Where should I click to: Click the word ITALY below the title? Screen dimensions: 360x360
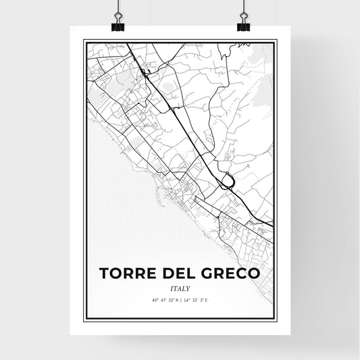click(180, 288)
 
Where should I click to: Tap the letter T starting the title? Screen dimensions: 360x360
click(105, 274)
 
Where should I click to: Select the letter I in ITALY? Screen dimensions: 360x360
click(171, 288)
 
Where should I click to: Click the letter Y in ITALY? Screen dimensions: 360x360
click(188, 288)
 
